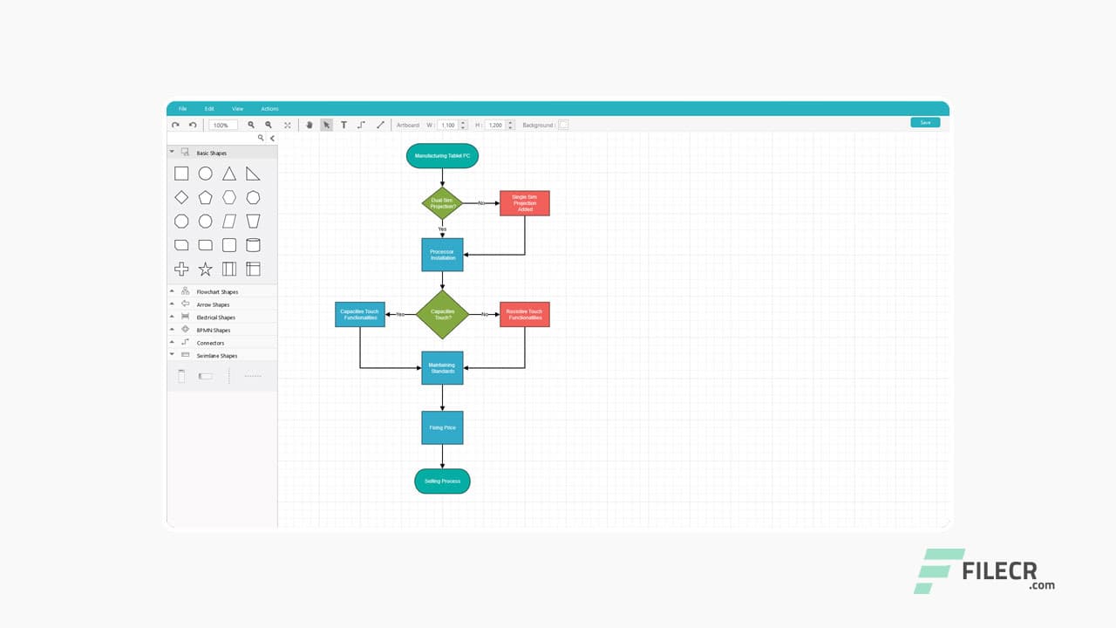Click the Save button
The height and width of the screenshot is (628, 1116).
tap(925, 122)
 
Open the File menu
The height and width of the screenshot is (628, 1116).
tap(182, 109)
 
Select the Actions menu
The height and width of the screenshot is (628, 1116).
tap(269, 109)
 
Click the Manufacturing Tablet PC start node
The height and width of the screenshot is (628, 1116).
tap(442, 156)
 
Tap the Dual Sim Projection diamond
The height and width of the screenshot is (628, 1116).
tap(442, 203)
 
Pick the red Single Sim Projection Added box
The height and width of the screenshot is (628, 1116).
tap(524, 203)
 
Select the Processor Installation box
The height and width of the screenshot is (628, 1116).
tap(442, 255)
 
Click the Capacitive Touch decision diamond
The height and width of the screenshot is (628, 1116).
tap(442, 314)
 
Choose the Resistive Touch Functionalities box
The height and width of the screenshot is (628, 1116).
tap(524, 314)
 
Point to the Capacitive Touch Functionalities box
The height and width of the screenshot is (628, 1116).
tap(360, 314)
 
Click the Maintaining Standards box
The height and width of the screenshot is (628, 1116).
tap(442, 368)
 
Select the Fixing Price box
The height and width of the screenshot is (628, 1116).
tap(442, 427)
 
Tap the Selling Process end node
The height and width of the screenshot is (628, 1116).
tap(442, 481)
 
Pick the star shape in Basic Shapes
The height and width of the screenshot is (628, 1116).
tap(205, 269)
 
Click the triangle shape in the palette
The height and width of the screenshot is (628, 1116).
tap(228, 174)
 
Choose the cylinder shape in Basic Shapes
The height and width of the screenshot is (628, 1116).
tap(253, 245)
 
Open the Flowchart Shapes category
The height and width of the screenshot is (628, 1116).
tap(217, 292)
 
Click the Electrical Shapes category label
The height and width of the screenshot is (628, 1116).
tap(216, 317)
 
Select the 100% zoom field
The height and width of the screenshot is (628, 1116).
tap(222, 125)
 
